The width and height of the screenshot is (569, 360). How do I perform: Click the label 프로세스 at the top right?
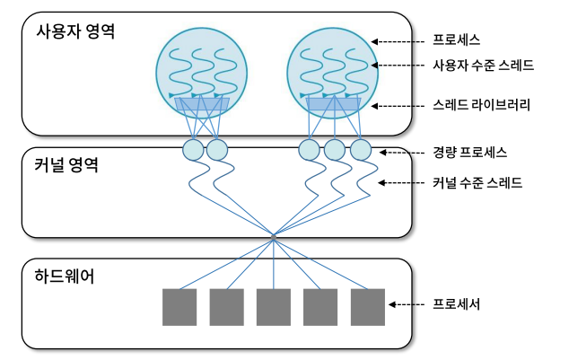point(457,40)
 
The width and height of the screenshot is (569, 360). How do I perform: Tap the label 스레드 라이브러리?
point(481,105)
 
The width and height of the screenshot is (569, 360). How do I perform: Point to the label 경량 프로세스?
point(469,152)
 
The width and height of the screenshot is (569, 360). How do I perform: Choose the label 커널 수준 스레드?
point(477,183)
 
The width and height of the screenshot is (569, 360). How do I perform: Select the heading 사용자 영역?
point(75,31)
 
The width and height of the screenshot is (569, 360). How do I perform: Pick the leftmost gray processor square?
point(179,307)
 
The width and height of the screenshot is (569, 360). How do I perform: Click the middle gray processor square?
point(273,307)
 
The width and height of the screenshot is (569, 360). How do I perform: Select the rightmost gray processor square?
point(367,307)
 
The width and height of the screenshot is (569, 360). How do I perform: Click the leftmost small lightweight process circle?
point(193,149)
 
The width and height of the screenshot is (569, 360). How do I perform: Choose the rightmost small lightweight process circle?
point(360,149)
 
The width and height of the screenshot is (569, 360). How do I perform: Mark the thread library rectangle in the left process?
point(201,106)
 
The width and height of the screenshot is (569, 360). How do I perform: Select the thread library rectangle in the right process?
point(333,106)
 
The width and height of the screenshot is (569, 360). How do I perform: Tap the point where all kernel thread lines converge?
point(273,237)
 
